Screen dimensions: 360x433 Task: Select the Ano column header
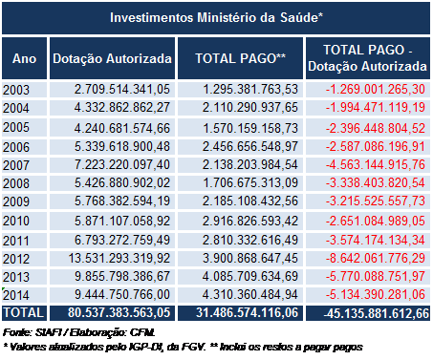click(24, 59)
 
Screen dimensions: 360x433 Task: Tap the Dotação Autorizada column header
click(112, 59)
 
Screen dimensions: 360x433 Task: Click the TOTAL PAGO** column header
click(240, 59)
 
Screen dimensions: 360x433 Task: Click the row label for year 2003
click(16, 90)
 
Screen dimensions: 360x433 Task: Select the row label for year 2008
click(16, 183)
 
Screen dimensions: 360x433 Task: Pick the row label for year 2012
click(16, 258)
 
